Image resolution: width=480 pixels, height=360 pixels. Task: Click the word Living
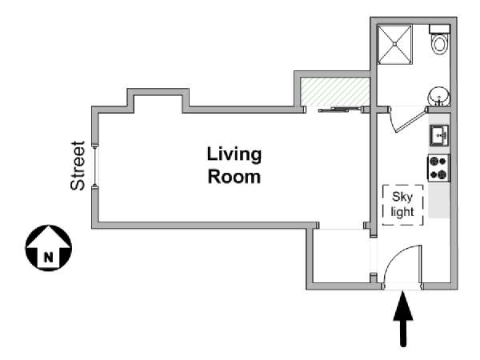click(234, 155)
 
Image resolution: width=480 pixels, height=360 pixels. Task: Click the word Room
click(234, 177)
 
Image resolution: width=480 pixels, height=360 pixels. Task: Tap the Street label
click(78, 166)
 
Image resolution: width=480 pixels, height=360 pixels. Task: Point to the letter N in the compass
click(48, 257)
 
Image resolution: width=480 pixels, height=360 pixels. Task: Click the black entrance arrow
click(403, 318)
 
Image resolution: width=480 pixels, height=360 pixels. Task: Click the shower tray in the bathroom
click(395, 45)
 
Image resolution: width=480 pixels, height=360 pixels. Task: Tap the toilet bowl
click(439, 44)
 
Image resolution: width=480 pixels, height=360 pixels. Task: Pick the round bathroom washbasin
click(439, 96)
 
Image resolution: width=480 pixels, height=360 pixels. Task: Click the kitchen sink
click(439, 135)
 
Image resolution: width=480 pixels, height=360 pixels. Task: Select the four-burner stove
click(438, 167)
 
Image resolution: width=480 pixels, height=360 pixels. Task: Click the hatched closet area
click(335, 92)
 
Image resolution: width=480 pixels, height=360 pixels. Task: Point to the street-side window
click(95, 166)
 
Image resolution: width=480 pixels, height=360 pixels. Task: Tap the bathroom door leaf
click(411, 120)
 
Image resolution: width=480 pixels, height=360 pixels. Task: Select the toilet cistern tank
click(439, 29)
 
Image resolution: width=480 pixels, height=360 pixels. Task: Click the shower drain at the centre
click(395, 44)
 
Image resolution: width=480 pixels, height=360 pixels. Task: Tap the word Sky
click(402, 197)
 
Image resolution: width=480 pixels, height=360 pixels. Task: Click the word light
click(402, 212)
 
